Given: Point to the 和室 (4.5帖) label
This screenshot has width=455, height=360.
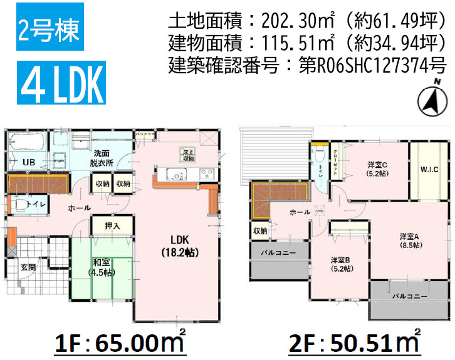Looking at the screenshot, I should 100,267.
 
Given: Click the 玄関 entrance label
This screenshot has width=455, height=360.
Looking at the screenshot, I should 28,267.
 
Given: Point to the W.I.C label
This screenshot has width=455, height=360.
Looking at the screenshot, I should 430,168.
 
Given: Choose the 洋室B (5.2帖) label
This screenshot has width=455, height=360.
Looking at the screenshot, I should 341,264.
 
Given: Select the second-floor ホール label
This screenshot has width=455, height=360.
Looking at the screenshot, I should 300,212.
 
